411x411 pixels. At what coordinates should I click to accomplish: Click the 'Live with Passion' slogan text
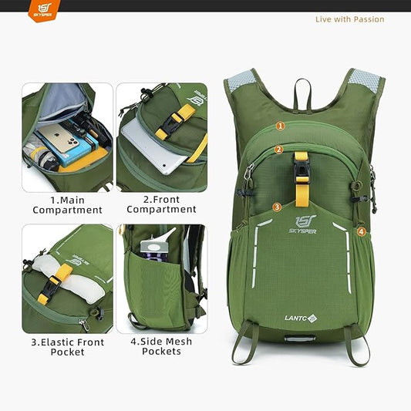click(x=349, y=19)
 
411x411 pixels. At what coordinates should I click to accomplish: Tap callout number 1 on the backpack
click(x=280, y=125)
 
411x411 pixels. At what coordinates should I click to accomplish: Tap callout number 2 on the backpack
click(x=278, y=150)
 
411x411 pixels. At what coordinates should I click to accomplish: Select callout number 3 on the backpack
click(x=277, y=207)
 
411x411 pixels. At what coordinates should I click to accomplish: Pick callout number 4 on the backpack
click(x=361, y=231)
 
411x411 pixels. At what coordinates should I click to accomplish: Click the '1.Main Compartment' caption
click(x=67, y=204)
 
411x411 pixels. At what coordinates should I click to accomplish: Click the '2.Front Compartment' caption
click(x=161, y=204)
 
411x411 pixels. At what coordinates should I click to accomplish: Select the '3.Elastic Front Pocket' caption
click(x=67, y=346)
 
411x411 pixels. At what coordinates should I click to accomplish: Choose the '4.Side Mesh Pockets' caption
click(x=161, y=346)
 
